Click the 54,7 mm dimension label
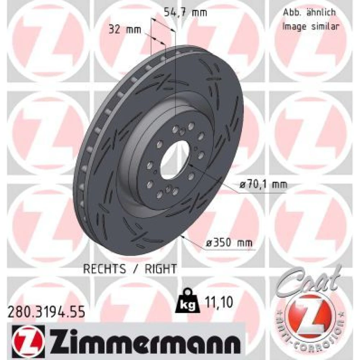point(185,12)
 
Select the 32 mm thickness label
point(125,30)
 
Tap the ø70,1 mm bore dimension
point(263,184)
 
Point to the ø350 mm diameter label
point(229,243)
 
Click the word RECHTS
point(104,269)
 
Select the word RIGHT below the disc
point(161,269)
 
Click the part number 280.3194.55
point(46,312)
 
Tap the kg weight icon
point(187,301)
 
